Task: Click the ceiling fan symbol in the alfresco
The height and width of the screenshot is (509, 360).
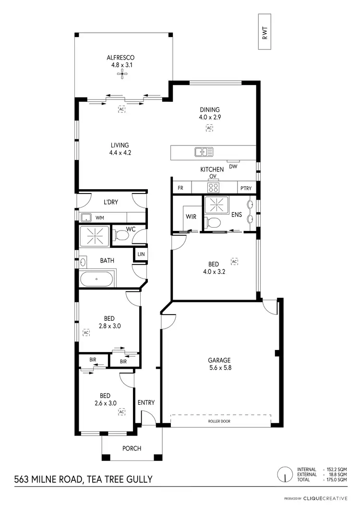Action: coord(124,73)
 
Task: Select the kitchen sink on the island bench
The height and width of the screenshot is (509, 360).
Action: coord(204,152)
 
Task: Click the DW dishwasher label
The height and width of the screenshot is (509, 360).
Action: coord(233,167)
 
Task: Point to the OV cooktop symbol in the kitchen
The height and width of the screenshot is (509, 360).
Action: coord(213,187)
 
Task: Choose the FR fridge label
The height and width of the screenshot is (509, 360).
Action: coord(180,188)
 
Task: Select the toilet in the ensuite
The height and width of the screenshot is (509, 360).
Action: coord(213,222)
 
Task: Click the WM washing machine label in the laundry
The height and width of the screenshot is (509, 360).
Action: coord(99,218)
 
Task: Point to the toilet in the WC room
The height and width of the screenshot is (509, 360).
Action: coord(122,235)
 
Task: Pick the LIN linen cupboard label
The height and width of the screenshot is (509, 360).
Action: coord(141,254)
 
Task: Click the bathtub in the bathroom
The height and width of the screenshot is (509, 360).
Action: coord(97,279)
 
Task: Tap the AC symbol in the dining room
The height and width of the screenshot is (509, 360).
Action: coord(209,128)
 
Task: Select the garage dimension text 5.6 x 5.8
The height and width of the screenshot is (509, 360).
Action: coord(219,368)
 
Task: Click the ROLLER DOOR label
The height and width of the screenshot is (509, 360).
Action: coord(219,421)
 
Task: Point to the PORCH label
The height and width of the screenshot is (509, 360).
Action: coord(132,448)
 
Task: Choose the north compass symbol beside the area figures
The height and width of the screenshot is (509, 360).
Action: coord(285,474)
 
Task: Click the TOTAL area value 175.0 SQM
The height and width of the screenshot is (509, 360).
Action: coord(336,480)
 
